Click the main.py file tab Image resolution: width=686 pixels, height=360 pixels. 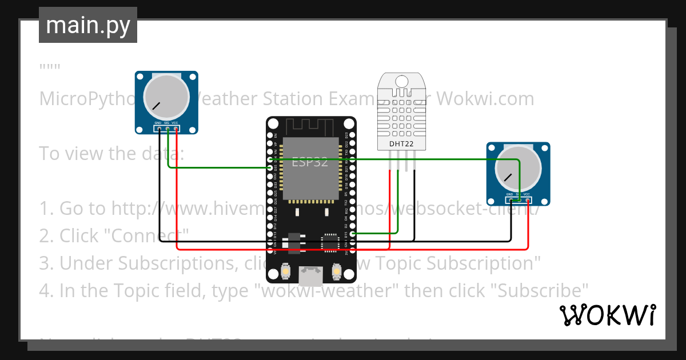pos(87,25)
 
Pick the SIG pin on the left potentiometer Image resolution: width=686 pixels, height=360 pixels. pos(167,129)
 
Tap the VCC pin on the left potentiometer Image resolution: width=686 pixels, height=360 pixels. pos(176,129)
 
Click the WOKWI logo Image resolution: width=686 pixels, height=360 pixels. pos(607,315)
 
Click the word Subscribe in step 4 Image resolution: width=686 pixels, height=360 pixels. pos(540,290)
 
